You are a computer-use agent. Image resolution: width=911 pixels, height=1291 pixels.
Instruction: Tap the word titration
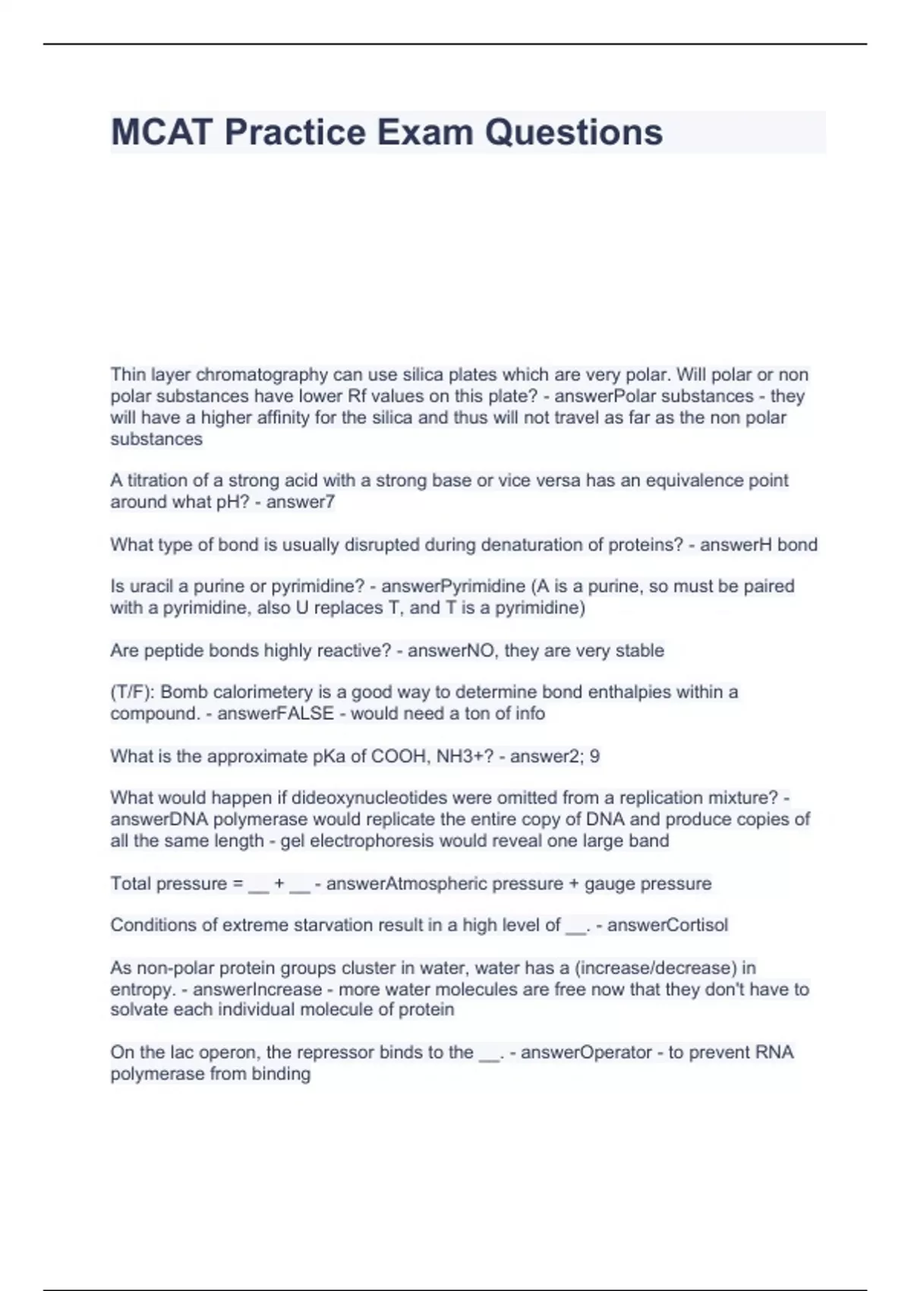click(x=151, y=480)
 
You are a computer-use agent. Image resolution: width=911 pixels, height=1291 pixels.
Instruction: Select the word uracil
click(x=149, y=586)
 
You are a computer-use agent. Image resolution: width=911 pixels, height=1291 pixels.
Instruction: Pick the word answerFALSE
click(x=276, y=713)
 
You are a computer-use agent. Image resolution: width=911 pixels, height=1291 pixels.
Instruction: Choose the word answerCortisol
click(x=667, y=925)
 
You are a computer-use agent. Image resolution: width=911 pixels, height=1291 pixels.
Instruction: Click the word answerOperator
click(x=586, y=1053)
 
